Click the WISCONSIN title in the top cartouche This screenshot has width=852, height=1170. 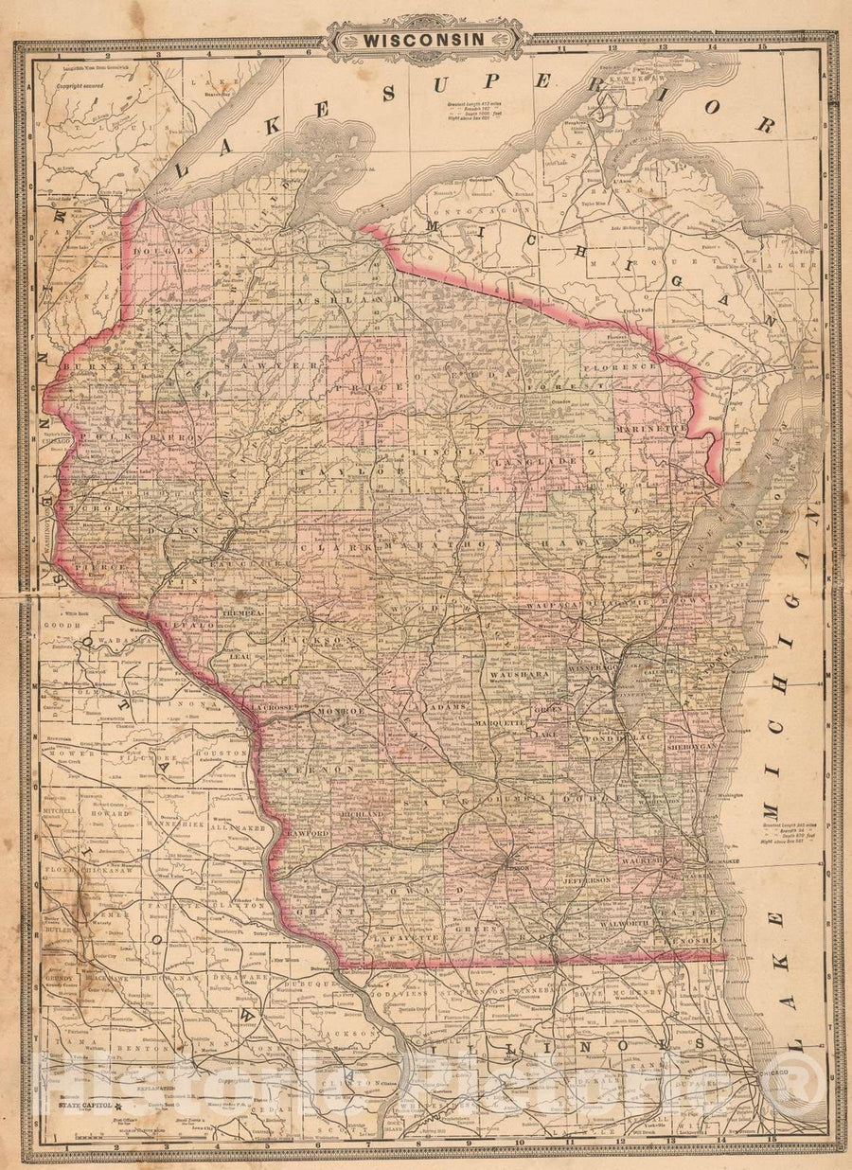point(427,40)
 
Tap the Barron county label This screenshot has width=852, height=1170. point(176,439)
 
